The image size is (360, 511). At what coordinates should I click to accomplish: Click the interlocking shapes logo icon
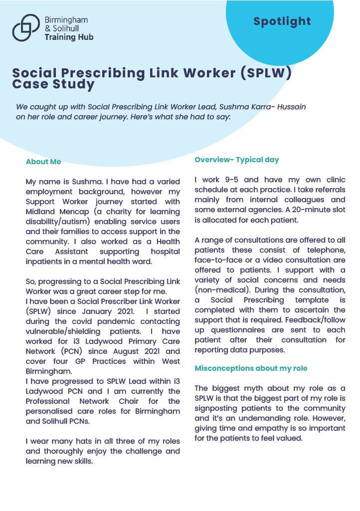coord(26,27)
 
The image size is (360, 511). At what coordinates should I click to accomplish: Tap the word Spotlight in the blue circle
coord(282,21)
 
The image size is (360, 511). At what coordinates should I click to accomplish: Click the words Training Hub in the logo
coord(69,37)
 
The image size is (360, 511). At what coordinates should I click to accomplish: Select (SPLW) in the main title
coord(266,73)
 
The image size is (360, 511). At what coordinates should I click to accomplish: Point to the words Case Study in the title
coord(53,84)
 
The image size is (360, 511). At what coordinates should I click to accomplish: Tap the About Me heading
coord(43,162)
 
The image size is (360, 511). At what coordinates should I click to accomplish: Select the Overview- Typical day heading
coord(237,160)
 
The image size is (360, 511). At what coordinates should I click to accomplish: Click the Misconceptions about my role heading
coord(251,368)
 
